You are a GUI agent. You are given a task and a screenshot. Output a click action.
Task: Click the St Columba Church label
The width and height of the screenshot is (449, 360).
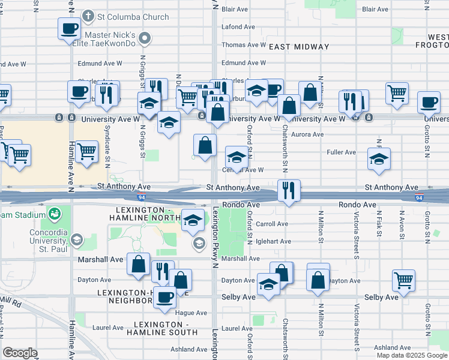click(x=134, y=16)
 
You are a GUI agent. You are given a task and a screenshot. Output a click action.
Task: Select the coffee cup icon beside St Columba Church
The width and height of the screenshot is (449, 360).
click(x=70, y=28)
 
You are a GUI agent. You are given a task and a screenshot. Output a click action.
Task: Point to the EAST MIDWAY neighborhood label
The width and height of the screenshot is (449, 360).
click(x=299, y=47)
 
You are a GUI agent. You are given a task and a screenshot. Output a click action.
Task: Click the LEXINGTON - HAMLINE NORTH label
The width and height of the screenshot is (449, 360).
click(x=145, y=214)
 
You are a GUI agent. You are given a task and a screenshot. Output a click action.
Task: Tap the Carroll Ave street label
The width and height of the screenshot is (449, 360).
click(x=272, y=224)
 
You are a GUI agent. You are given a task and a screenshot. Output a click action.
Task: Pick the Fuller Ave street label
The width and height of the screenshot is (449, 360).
click(x=342, y=152)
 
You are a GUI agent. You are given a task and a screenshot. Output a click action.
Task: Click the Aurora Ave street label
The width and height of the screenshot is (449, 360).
click(x=307, y=135)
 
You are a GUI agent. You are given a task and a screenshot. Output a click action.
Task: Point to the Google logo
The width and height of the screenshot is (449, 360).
click(x=20, y=353)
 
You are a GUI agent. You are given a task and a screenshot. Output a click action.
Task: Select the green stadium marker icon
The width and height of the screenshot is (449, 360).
click(x=55, y=213)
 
